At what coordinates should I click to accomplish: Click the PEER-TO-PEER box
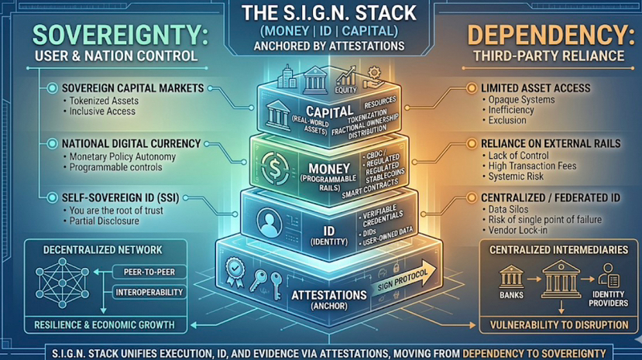pyautogui.click(x=147, y=271)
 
